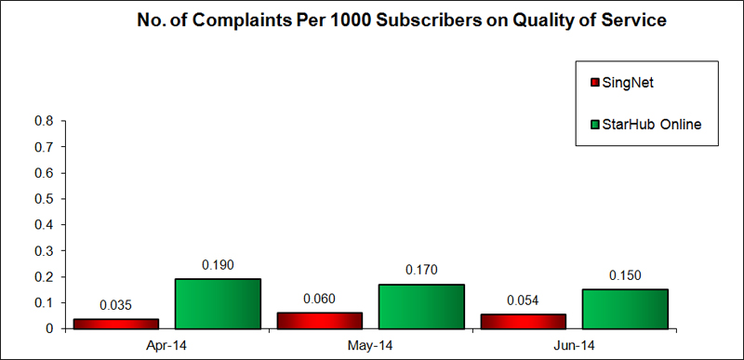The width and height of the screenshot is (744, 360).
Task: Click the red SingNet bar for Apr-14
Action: pyautogui.click(x=116, y=323)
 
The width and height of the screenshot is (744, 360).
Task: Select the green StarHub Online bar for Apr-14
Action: pyautogui.click(x=217, y=303)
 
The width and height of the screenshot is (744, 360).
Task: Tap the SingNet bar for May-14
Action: pyautogui.click(x=319, y=320)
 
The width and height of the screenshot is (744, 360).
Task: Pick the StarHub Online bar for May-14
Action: pyautogui.click(x=420, y=306)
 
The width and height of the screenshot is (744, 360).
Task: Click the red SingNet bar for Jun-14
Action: pyautogui.click(x=523, y=321)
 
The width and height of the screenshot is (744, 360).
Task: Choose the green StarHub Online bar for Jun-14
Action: pyautogui.click(x=624, y=309)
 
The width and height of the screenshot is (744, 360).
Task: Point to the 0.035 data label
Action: pyautogui.click(x=116, y=304)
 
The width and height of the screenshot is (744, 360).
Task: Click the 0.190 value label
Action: pyautogui.click(x=217, y=265)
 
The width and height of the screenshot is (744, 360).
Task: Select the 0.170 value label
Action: pyautogui.click(x=420, y=271)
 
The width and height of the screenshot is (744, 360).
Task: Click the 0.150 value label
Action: pyautogui.click(x=624, y=275)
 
